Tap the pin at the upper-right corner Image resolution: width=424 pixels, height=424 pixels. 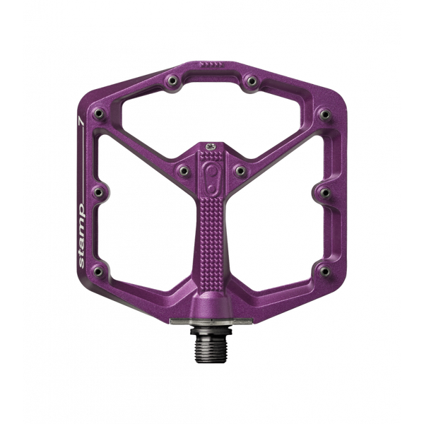(324, 114)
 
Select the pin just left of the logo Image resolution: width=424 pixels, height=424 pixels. (182, 169)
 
